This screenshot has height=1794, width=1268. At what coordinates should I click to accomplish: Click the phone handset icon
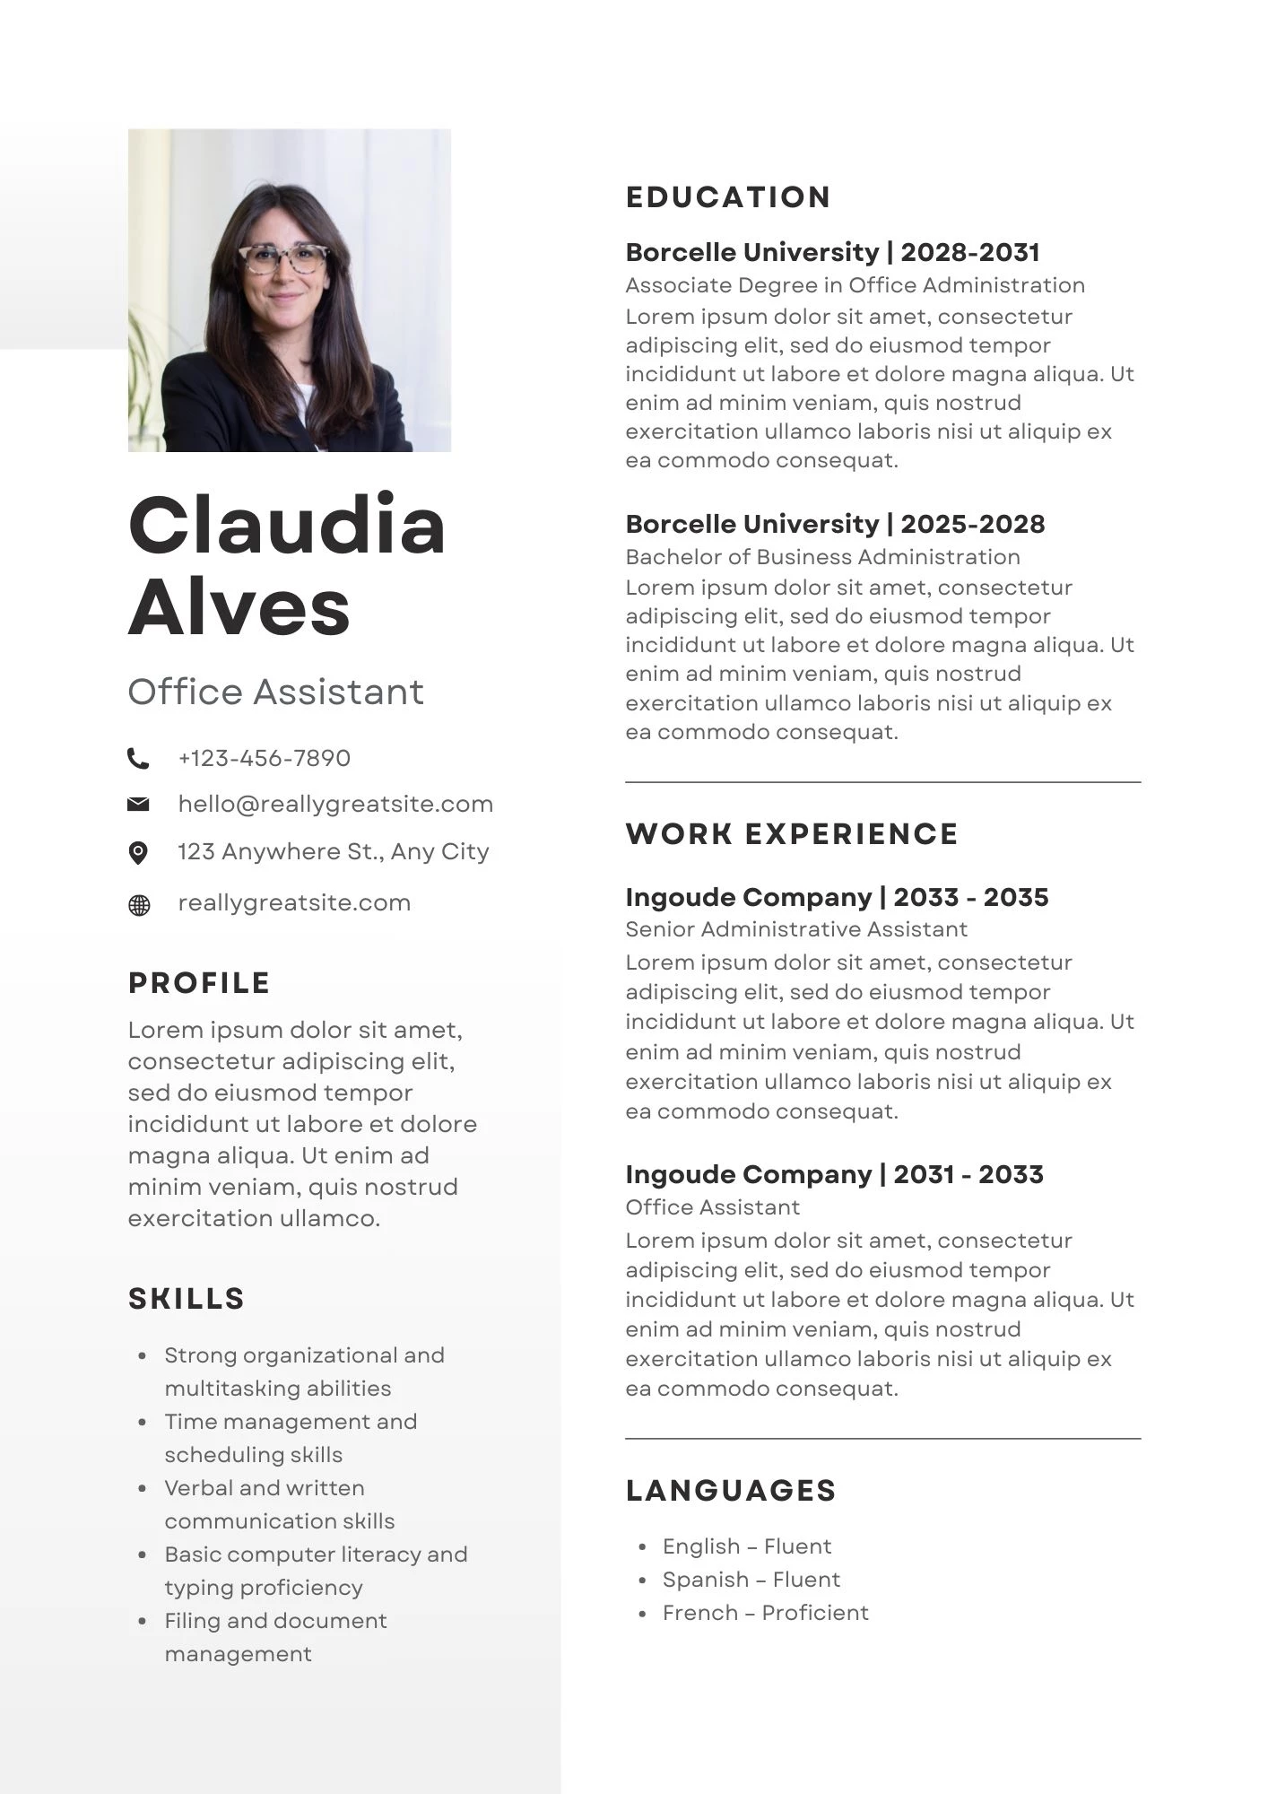coord(138,759)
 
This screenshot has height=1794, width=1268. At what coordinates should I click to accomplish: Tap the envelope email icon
coord(138,805)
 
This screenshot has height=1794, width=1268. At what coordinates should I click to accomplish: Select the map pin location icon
coord(138,852)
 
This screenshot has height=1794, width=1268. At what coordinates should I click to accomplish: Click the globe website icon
coord(139,905)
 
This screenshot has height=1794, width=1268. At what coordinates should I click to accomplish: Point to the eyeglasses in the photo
coord(283,259)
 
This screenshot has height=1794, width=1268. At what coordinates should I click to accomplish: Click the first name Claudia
coord(286,526)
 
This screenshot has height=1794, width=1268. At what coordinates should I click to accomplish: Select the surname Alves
coord(239,607)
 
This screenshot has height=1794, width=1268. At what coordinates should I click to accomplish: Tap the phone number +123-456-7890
coord(264,759)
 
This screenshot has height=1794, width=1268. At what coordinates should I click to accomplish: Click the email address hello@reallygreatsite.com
coord(335,805)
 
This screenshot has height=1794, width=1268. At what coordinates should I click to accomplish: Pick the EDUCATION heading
coord(728,197)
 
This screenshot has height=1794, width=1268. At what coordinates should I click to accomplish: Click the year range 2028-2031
coord(970,253)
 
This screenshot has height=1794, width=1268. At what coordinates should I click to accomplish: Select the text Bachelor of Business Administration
coord(822,557)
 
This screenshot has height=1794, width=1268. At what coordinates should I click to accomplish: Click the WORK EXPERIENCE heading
coord(792,834)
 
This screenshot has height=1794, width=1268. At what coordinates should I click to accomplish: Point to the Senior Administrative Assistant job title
coord(796,929)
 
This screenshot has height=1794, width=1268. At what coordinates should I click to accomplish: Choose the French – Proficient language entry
coord(765,1613)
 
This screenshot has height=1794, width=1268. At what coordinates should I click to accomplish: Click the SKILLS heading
coord(187,1299)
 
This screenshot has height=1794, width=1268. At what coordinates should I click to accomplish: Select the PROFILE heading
coord(199,983)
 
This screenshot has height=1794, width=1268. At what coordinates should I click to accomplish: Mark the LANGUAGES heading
coord(731,1491)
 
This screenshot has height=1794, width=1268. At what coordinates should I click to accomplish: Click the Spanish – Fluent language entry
coord(751,1580)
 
